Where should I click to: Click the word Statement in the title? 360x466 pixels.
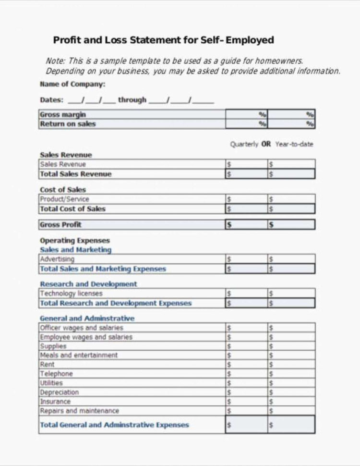tap(155, 40)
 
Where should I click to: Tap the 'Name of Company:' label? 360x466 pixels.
tap(72, 84)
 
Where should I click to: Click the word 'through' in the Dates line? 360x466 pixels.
tap(132, 100)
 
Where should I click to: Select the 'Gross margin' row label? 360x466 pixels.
tap(63, 114)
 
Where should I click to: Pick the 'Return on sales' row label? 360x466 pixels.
tap(68, 124)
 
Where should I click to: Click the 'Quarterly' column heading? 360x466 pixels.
tap(244, 144)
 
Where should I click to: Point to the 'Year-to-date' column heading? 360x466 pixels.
tap(294, 144)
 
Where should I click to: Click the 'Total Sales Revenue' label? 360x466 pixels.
tap(75, 174)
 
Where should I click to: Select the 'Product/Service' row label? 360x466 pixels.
tap(64, 199)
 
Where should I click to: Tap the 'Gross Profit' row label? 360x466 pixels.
tap(60, 224)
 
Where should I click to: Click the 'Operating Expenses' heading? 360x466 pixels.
tap(75, 240)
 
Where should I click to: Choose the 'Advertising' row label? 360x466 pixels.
tap(57, 259)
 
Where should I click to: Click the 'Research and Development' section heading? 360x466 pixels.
tap(88, 284)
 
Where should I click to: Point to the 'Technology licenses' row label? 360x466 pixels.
tap(71, 294)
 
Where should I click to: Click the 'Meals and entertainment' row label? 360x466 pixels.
tap(79, 356)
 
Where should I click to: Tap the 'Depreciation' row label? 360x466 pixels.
tap(59, 392)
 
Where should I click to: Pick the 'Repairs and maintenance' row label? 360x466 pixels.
tap(79, 411)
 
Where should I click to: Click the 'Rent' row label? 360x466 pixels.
tap(47, 365)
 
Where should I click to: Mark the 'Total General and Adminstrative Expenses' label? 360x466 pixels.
tap(114, 425)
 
